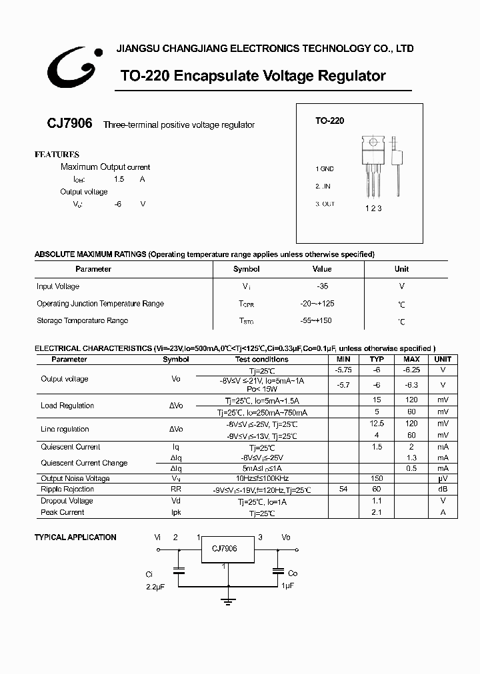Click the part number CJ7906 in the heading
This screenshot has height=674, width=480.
[69, 125]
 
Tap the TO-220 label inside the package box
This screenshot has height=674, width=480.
[329, 121]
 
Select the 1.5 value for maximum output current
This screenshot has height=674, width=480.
[119, 180]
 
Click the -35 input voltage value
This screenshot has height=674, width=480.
[322, 286]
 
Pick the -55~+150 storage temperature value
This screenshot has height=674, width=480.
[316, 321]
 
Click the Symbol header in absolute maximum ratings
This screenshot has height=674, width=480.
[246, 269]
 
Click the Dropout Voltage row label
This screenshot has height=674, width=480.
[67, 501]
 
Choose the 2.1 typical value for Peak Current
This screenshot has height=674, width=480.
[377, 512]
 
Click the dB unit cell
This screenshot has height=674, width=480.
[443, 490]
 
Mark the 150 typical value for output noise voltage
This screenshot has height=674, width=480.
[377, 478]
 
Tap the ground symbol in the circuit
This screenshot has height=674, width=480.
[229, 601]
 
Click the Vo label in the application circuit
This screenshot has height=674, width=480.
[286, 536]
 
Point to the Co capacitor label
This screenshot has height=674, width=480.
[293, 573]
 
